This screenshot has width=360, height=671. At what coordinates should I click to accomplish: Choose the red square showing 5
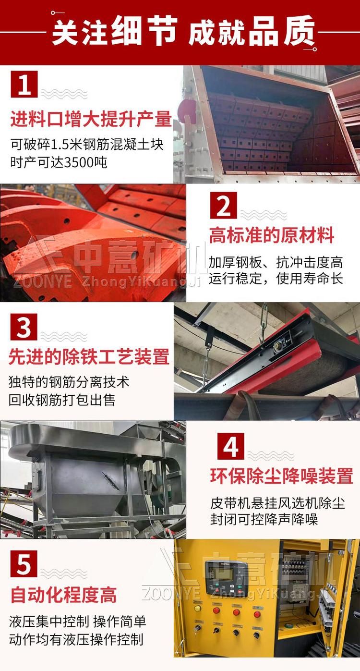click(24, 564)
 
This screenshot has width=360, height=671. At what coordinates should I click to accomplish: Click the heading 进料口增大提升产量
click(91, 119)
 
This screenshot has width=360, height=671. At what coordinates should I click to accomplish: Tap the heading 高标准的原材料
click(272, 236)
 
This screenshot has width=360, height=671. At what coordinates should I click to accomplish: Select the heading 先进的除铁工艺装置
click(89, 357)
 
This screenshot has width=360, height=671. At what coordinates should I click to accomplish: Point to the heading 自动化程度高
click(63, 595)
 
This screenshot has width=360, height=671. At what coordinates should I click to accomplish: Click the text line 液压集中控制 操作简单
click(77, 622)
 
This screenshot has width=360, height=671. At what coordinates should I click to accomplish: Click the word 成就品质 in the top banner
click(252, 31)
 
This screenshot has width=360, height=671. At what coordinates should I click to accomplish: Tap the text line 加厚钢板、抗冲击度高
click(276, 262)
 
